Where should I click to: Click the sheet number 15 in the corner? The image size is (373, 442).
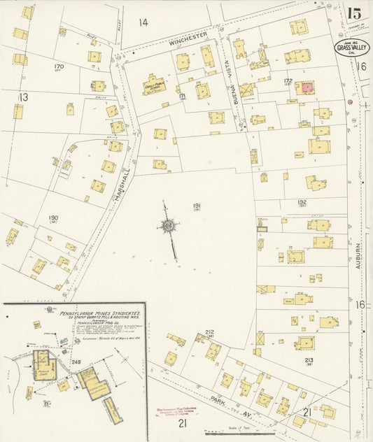click(x=354, y=13)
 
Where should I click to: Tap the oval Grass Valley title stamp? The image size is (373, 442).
click(x=351, y=48)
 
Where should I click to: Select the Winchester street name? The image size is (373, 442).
click(x=188, y=38)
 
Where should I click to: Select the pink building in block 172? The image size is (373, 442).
click(x=305, y=88)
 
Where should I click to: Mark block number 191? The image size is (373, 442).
click(x=197, y=206)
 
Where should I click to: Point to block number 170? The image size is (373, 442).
click(x=59, y=67)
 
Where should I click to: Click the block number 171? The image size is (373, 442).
click(x=182, y=96)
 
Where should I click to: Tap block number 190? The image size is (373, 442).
click(x=53, y=218)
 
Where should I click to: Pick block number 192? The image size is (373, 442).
click(x=302, y=202)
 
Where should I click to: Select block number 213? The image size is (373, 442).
click(x=309, y=360)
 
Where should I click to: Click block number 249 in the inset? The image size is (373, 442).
click(x=77, y=362)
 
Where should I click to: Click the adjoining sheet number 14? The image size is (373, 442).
click(x=143, y=22)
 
